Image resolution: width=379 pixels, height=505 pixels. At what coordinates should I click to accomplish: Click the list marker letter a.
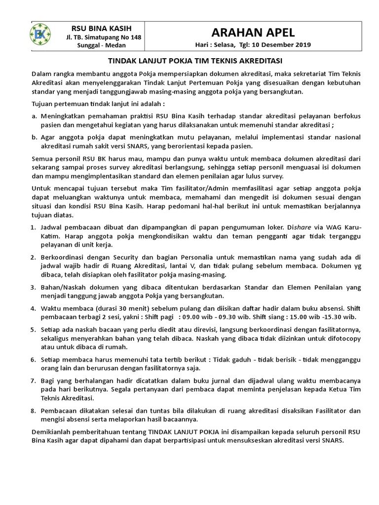click(x=34, y=116)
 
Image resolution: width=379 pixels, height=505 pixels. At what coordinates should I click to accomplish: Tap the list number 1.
click(x=33, y=227)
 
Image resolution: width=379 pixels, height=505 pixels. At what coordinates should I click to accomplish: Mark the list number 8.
click(x=33, y=411)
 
